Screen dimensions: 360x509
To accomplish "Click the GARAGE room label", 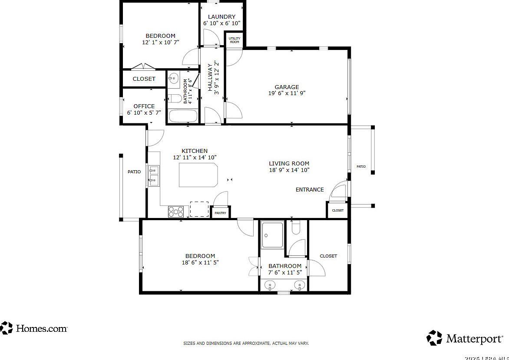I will tap(287, 87).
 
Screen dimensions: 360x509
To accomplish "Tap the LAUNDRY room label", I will tap(221, 17).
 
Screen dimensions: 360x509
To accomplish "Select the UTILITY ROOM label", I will tap(235, 40).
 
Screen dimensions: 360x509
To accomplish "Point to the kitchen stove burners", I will tap(176, 211).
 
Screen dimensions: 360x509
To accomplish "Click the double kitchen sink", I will tap(154, 175).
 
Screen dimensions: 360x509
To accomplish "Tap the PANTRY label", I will tap(220, 213).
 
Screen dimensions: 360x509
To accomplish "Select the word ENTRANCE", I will tap(310, 189).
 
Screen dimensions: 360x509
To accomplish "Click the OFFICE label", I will tap(144, 106).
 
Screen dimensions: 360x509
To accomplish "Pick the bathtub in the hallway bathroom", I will tap(183, 116).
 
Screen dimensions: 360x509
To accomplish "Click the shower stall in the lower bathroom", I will tap(272, 235).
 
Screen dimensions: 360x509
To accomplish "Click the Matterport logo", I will tap(465, 337).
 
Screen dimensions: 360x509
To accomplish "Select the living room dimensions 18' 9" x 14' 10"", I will tap(289, 170).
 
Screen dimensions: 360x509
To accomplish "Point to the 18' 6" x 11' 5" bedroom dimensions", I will tap(200, 262).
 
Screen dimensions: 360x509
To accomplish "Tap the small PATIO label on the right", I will tap(361, 166).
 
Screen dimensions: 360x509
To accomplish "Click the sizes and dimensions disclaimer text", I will tap(246, 343).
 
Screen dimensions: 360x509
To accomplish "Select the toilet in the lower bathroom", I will tap(296, 228).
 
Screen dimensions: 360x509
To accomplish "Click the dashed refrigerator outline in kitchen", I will tap(199, 209).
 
